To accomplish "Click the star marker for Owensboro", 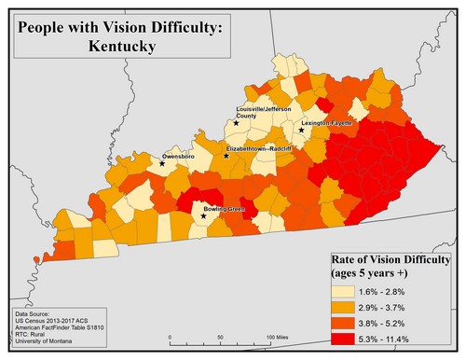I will pyautogui.click(x=162, y=164).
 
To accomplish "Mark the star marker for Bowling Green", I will pyautogui.click(x=204, y=216).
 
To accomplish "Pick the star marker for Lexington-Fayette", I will pyautogui.click(x=301, y=131).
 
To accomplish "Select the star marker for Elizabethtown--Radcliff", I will pyautogui.click(x=226, y=156).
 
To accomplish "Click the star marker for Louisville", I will pyautogui.click(x=237, y=123).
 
